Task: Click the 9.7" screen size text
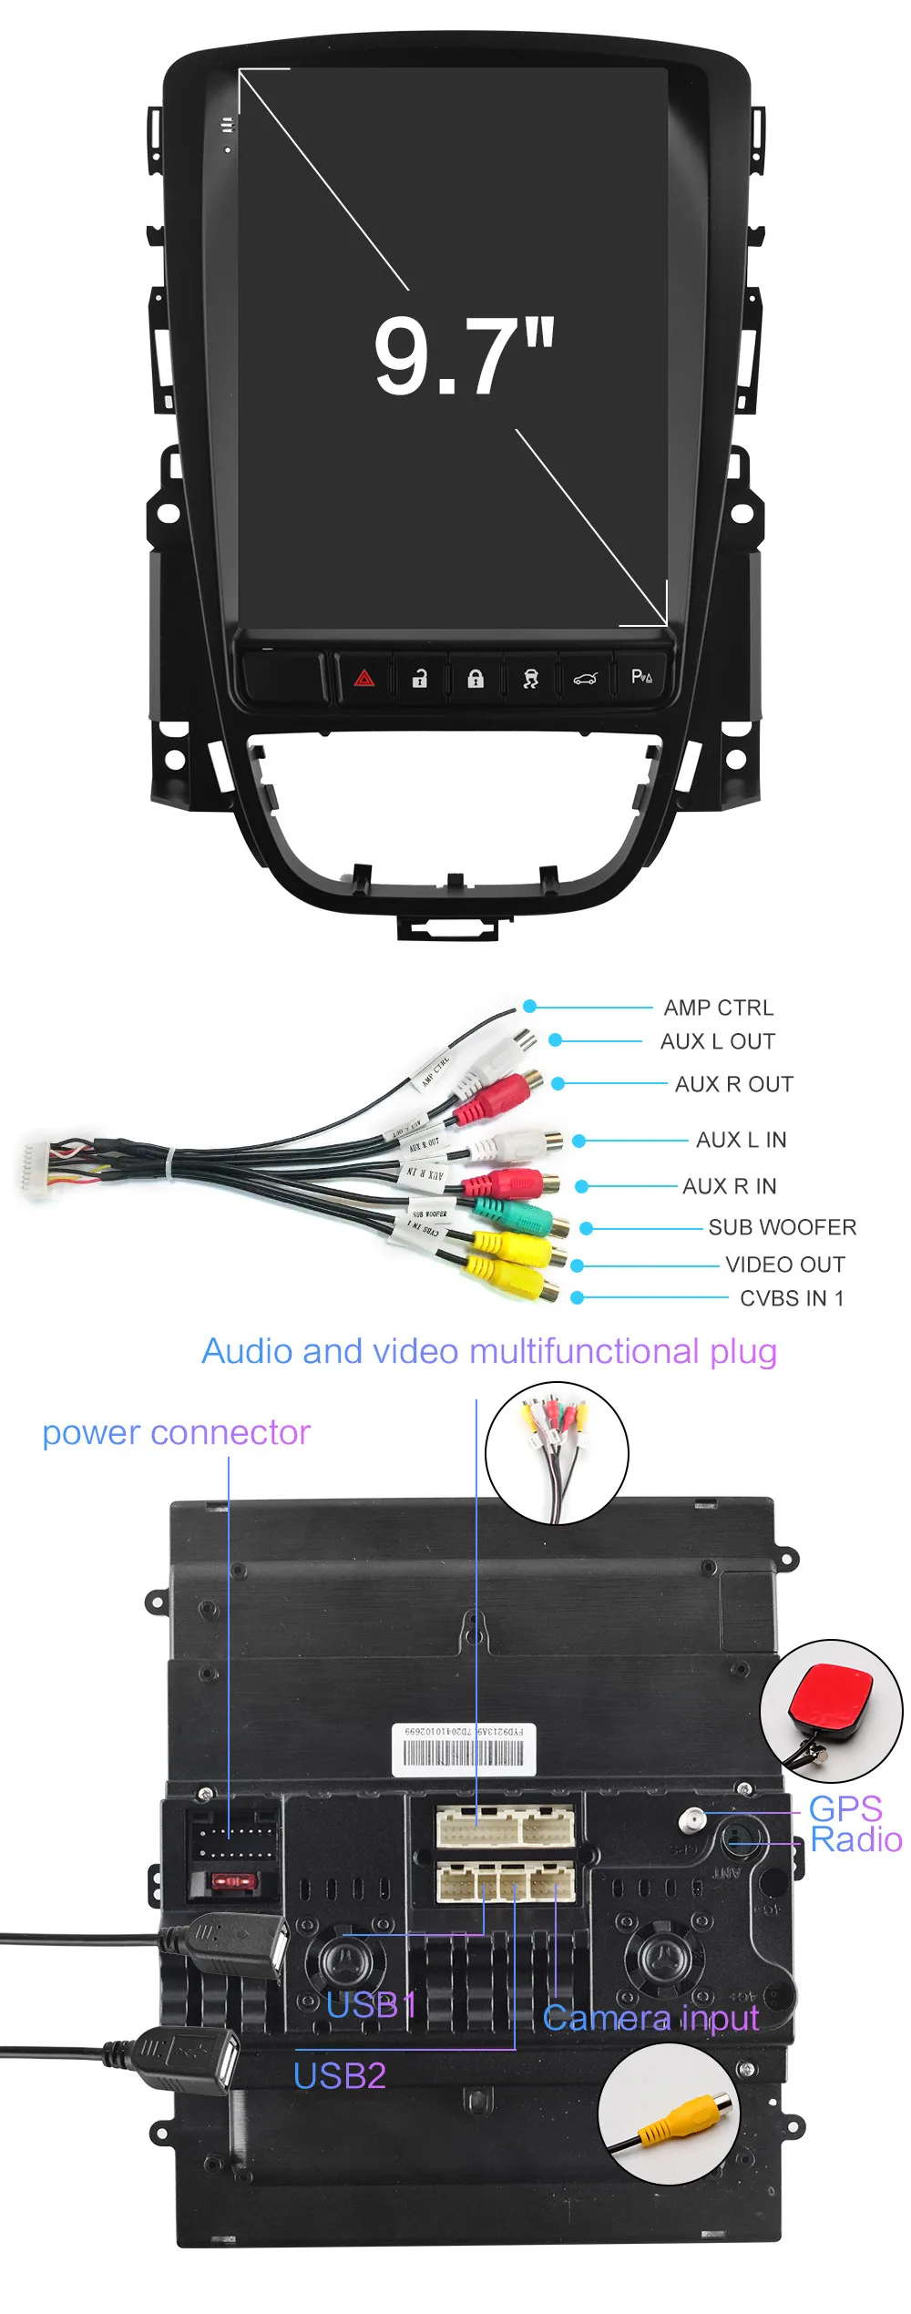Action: click(x=464, y=356)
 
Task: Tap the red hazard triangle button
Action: click(x=364, y=678)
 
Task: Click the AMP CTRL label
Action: click(x=718, y=1008)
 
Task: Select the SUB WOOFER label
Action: click(x=782, y=1227)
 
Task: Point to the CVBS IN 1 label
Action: click(x=791, y=1298)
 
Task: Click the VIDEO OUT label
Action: click(x=784, y=1265)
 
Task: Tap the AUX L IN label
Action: click(x=741, y=1140)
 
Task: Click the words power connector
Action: click(x=177, y=1433)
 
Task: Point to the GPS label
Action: click(x=844, y=1808)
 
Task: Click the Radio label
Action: click(x=855, y=1840)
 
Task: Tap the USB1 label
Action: click(x=371, y=2005)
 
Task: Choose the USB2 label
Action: click(x=339, y=2075)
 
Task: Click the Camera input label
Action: click(x=650, y=2018)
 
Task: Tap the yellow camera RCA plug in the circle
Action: click(x=677, y=2115)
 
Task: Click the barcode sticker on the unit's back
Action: click(x=464, y=1750)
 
